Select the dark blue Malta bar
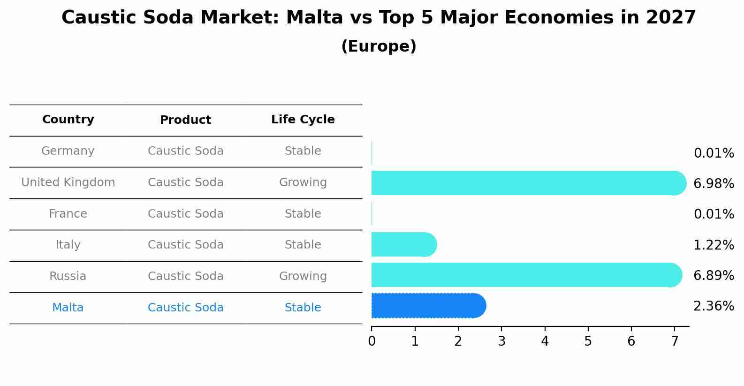[428, 306]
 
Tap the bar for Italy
[403, 244]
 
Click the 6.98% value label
[713, 184]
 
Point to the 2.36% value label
[713, 306]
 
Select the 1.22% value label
[713, 245]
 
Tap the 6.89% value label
[713, 276]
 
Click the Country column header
[68, 120]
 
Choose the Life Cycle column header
[303, 120]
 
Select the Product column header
[185, 120]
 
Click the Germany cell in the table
[68, 151]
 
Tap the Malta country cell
[68, 308]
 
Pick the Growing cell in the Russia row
[303, 276]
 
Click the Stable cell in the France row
[303, 214]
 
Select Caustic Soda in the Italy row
[185, 245]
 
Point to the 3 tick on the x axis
[501, 341]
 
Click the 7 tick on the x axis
[675, 341]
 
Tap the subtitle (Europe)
[379, 46]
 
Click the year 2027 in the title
[670, 18]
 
